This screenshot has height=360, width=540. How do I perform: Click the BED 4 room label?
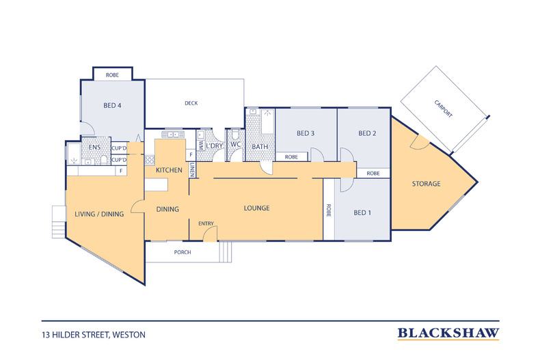pyautogui.click(x=112, y=105)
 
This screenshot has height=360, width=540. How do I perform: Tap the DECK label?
pyautogui.click(x=191, y=103)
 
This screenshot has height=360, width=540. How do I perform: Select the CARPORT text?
pyautogui.click(x=443, y=109)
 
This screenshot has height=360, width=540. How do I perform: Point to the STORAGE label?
pyautogui.click(x=427, y=184)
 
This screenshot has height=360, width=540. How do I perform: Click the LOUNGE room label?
pyautogui.click(x=256, y=208)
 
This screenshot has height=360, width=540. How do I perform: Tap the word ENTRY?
pyautogui.click(x=206, y=223)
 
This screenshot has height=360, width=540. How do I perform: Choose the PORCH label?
pyautogui.click(x=183, y=252)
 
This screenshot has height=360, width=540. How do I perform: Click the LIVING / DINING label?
pyautogui.click(x=99, y=214)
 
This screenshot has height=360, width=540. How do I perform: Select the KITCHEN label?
pyautogui.click(x=169, y=170)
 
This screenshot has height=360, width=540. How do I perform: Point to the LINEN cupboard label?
pyautogui.click(x=193, y=169)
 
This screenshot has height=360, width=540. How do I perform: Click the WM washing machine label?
pyautogui.click(x=201, y=146)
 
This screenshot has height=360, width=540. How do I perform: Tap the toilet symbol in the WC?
pyautogui.click(x=236, y=135)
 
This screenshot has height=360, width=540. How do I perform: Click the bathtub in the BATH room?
pyautogui.click(x=267, y=122)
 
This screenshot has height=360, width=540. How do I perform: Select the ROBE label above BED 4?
pyautogui.click(x=112, y=74)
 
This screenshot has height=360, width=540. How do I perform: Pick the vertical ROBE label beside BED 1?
pyautogui.click(x=329, y=210)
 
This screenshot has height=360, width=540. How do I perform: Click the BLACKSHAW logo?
pyautogui.click(x=448, y=333)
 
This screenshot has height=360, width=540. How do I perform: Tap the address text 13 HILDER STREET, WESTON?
pyautogui.click(x=94, y=335)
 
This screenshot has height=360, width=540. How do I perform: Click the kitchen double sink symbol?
pyautogui.click(x=173, y=134)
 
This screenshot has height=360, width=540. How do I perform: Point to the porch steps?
pyautogui.click(x=226, y=252)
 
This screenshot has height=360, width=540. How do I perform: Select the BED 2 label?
pyautogui.click(x=367, y=133)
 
